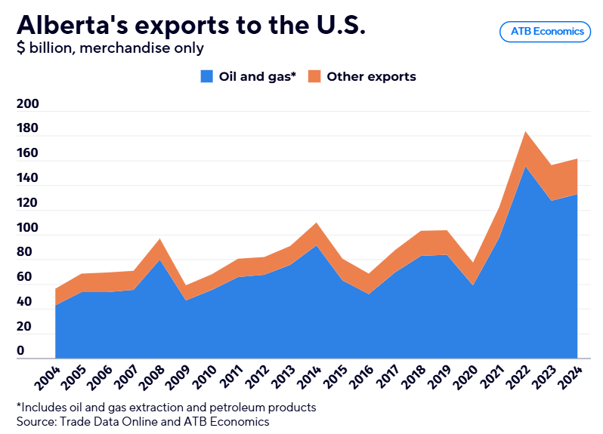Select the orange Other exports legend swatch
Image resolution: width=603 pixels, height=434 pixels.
coord(314,76)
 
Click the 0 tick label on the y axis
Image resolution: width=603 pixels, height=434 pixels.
coord(20,352)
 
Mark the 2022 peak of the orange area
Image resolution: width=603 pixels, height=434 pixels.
coord(525,133)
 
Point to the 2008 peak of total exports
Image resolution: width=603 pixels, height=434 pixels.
coord(159,240)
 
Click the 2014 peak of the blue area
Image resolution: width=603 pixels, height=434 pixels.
coord(316,246)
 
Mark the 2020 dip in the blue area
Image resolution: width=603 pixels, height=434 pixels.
coord(473,285)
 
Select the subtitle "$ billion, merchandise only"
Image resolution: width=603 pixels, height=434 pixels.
coord(110,48)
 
